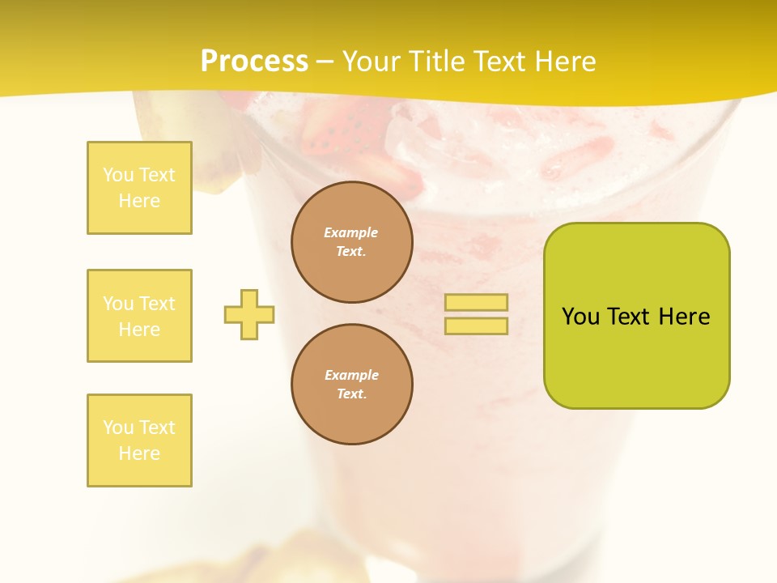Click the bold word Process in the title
pyautogui.click(x=254, y=62)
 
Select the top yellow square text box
pyautogui.click(x=139, y=188)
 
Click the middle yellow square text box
pyautogui.click(x=139, y=316)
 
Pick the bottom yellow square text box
pyautogui.click(x=139, y=440)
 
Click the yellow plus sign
pyautogui.click(x=249, y=314)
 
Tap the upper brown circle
pyautogui.click(x=352, y=242)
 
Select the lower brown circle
pyautogui.click(x=352, y=385)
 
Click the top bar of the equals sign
pyautogui.click(x=476, y=303)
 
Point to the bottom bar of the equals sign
pyautogui.click(x=476, y=326)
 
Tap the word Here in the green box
pyautogui.click(x=684, y=317)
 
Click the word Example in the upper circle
pyautogui.click(x=351, y=232)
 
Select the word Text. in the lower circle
pyautogui.click(x=351, y=394)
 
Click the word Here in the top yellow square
pyautogui.click(x=139, y=201)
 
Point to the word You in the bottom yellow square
pyautogui.click(x=117, y=428)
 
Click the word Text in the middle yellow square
pyautogui.click(x=157, y=304)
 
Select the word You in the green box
pyautogui.click(x=580, y=317)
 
